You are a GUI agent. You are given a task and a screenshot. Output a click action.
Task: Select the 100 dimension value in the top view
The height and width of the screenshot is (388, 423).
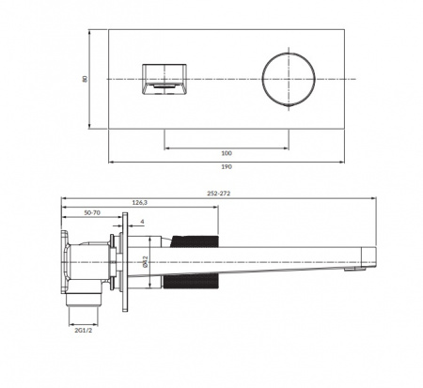pos(227,153)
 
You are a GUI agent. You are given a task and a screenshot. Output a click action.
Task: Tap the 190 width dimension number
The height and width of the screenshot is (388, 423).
pos(227,167)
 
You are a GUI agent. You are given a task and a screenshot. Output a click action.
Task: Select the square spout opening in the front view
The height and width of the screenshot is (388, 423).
pos(164,77)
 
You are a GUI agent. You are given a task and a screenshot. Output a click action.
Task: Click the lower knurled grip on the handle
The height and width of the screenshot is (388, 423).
pos(197,285)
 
